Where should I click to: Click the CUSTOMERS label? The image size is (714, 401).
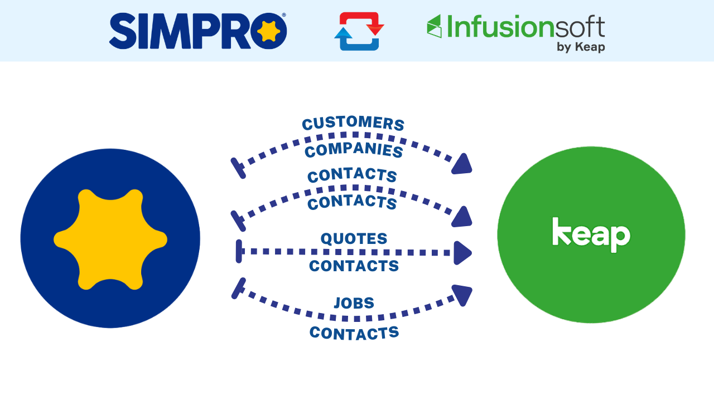[353, 124]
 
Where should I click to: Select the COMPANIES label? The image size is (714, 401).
[354, 150]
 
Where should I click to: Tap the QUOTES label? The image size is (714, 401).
[354, 239]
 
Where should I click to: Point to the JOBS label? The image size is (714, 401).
[354, 304]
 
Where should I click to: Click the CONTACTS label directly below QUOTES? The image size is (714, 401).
[354, 266]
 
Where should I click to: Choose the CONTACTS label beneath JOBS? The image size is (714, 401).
[354, 333]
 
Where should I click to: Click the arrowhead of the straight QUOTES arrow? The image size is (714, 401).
[462, 253]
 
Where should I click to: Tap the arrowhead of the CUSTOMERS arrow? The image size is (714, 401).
[462, 164]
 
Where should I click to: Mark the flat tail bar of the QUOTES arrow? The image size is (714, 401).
[239, 251]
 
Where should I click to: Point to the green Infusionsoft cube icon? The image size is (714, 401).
[434, 26]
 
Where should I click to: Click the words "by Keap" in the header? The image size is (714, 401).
[580, 47]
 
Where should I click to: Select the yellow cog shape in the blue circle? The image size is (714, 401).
[110, 239]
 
